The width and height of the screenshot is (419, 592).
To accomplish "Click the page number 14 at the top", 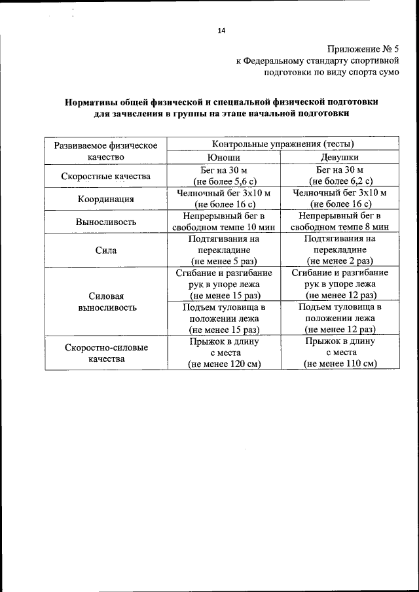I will (x=221, y=30).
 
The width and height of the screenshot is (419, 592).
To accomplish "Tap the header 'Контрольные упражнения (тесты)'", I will (x=282, y=144).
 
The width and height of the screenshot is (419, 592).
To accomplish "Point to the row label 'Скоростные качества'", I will (x=106, y=176).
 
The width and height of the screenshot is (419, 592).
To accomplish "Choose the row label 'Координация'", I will (x=106, y=200).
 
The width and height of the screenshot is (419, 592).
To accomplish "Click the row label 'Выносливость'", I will (x=106, y=222).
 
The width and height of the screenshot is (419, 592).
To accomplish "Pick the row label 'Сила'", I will (x=106, y=250).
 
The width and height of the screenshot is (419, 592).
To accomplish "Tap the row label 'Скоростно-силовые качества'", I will (x=106, y=353).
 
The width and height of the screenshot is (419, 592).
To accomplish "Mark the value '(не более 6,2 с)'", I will (x=340, y=181).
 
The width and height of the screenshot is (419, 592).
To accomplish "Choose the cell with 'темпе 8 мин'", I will (x=340, y=226).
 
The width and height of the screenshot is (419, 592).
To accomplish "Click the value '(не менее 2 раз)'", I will (x=340, y=261).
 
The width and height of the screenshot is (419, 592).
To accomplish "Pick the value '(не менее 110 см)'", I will (x=340, y=364).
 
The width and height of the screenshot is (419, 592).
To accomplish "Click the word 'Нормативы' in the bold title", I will (x=92, y=102).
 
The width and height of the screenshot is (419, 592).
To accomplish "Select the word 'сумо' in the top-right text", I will (x=386, y=73).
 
